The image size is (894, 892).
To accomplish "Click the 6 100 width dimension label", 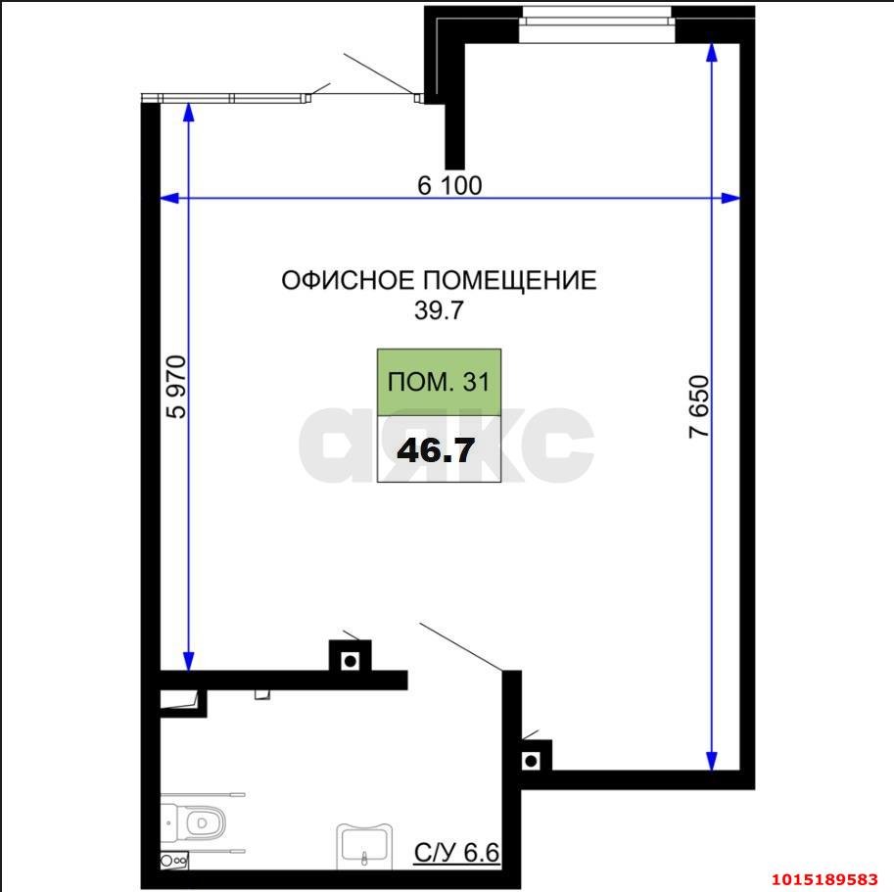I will [x=449, y=185].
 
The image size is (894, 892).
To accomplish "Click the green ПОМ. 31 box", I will [x=439, y=382].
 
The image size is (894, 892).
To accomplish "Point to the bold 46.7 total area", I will [x=437, y=449].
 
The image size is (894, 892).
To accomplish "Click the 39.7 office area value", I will [x=438, y=311].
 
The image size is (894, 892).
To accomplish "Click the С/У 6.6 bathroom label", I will [x=456, y=852].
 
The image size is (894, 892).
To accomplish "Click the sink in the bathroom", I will [x=364, y=844].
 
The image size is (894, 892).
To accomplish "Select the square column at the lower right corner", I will [x=532, y=759].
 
